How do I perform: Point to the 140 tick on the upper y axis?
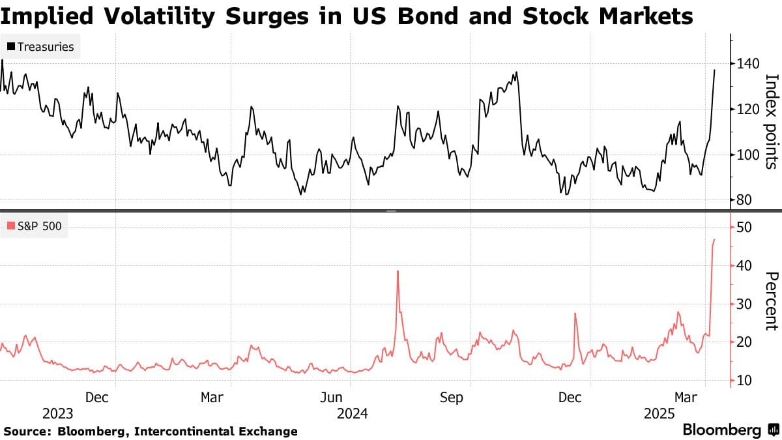pyautogui.click(x=744, y=64)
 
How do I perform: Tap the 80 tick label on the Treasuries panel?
pyautogui.click(x=744, y=200)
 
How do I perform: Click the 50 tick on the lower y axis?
pyautogui.click(x=744, y=227)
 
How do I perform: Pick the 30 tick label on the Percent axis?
pyautogui.click(x=744, y=304)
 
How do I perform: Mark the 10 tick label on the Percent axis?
pyautogui.click(x=744, y=380)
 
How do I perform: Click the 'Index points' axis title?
pyautogui.click(x=772, y=121)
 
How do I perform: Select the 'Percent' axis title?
pyautogui.click(x=772, y=301)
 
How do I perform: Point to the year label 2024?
pyautogui.click(x=352, y=413)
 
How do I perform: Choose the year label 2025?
pyautogui.click(x=659, y=413)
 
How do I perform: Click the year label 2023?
pyautogui.click(x=57, y=413)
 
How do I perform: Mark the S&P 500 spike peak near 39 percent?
pyautogui.click(x=397, y=271)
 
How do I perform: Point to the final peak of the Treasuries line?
pyautogui.click(x=715, y=70)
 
